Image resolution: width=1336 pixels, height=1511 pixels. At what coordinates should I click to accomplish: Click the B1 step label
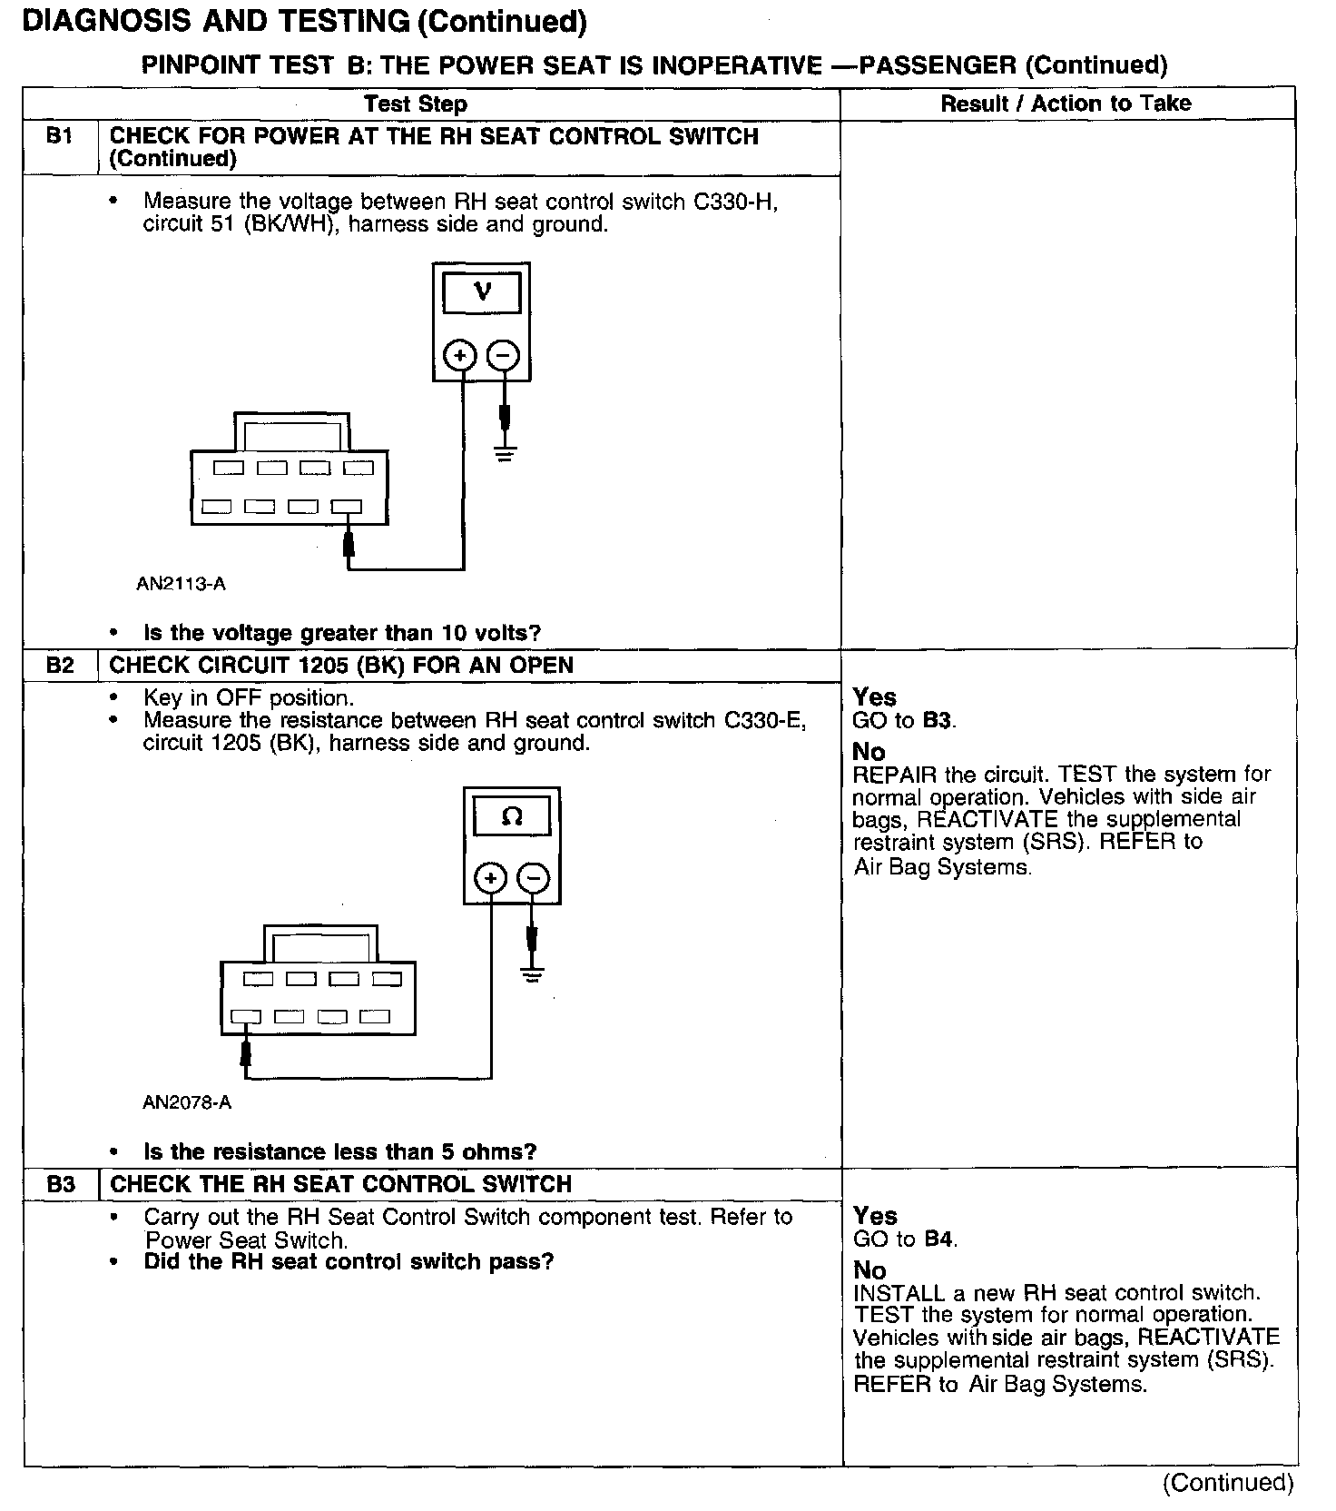59,137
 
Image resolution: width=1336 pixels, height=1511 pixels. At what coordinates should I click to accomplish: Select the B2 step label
60,666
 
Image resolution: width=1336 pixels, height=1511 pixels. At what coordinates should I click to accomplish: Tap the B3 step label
61,1185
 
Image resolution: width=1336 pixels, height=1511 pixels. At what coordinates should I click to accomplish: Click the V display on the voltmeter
482,293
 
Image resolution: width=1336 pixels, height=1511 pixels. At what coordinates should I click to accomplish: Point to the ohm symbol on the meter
512,817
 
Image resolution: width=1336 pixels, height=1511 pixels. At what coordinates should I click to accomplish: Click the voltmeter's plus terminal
460,355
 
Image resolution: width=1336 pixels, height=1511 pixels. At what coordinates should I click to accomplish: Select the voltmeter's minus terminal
504,355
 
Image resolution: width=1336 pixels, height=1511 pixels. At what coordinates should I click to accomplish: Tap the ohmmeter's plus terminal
490,878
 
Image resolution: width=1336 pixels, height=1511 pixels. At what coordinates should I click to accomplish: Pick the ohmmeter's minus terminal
534,878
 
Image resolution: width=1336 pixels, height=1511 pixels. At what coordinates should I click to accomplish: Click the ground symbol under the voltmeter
505,453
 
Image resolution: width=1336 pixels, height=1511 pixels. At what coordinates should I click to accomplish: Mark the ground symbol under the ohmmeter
533,976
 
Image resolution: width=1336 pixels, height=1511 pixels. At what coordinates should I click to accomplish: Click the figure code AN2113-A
181,584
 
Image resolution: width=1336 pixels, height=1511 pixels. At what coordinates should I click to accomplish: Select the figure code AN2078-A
187,1102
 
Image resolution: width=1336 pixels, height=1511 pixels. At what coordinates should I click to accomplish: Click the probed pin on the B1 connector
347,507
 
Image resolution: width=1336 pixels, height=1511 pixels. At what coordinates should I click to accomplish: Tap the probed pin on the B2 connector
245,1017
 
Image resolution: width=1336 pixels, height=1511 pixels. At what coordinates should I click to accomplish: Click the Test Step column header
416,104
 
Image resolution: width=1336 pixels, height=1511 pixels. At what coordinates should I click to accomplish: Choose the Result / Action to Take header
1066,104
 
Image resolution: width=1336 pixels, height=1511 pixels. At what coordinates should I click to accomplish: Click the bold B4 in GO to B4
939,1239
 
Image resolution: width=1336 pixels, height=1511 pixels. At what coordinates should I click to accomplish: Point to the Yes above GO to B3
875,697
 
